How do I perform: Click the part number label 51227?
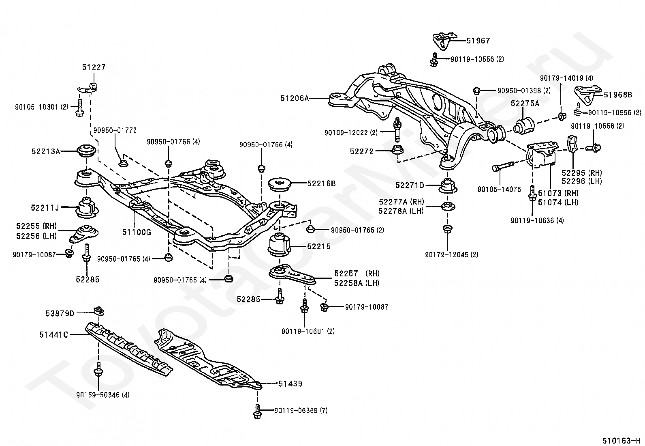pyautogui.click(x=94, y=67)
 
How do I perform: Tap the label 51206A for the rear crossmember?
pyautogui.click(x=295, y=98)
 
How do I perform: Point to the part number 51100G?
pyautogui.click(x=137, y=232)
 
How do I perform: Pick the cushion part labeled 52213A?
pyautogui.click(x=87, y=151)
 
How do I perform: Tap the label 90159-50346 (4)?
pyautogui.click(x=103, y=394)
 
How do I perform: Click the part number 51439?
pyautogui.click(x=290, y=384)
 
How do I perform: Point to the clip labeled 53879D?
pyautogui.click(x=99, y=311)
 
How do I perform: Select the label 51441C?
pyautogui.click(x=53, y=335)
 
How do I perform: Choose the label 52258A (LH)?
pyautogui.click(x=357, y=283)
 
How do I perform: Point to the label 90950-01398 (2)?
pyautogui.click(x=524, y=90)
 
